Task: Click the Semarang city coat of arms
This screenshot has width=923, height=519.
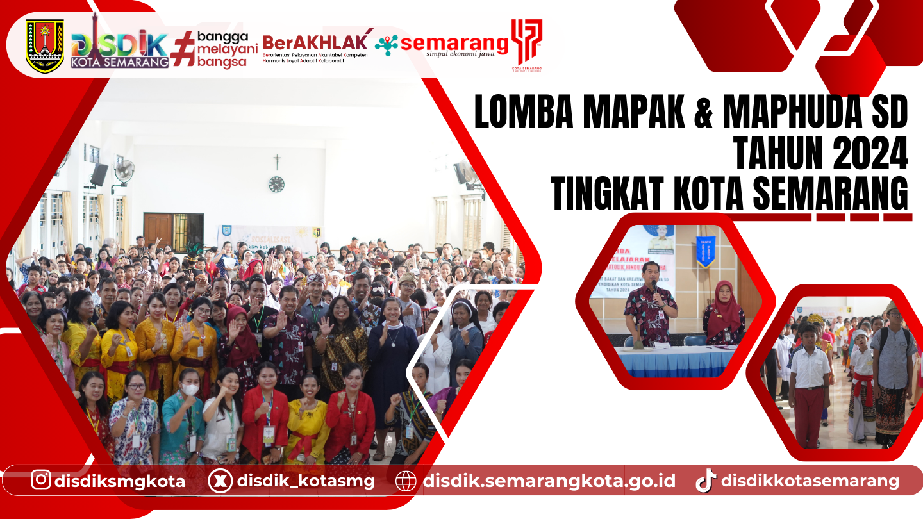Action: click(45, 45)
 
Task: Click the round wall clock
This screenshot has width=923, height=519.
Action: click(276, 185)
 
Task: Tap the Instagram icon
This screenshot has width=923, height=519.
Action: click(41, 479)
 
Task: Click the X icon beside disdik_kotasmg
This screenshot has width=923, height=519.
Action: click(220, 481)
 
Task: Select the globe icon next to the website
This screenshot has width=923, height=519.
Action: click(406, 481)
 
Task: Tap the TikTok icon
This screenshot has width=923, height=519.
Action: click(706, 481)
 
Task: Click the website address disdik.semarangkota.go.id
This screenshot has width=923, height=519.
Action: click(549, 481)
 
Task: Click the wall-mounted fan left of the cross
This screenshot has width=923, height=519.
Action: click(123, 172)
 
